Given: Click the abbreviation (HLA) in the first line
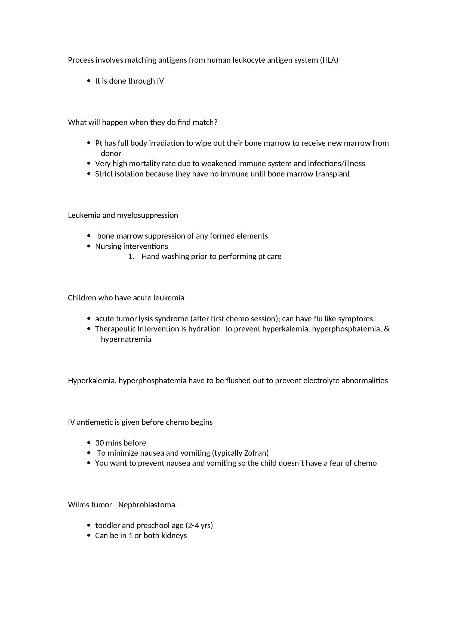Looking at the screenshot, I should click(x=329, y=60).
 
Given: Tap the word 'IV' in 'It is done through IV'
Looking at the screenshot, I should click(x=160, y=81).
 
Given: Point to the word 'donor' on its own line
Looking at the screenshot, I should click(x=111, y=153).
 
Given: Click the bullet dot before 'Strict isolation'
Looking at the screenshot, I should click(x=89, y=174).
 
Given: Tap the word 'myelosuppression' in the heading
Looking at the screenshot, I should click(x=147, y=215).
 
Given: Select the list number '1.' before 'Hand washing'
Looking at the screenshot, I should click(x=131, y=256).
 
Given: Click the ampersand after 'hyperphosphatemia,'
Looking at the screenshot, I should click(x=387, y=329).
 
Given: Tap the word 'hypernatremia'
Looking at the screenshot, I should click(x=126, y=339).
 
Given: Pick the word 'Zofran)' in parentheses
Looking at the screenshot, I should click(x=256, y=453).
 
